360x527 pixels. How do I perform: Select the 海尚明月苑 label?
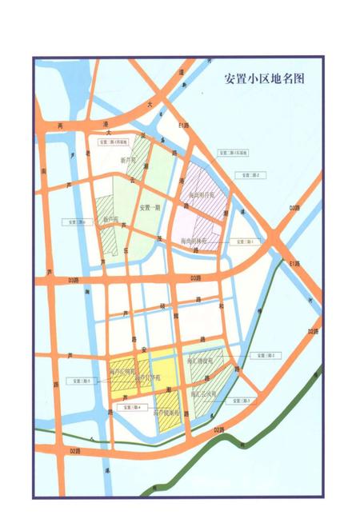click(x=204, y=194)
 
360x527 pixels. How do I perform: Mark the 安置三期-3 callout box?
click(x=242, y=400)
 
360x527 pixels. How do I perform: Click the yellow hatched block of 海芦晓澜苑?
click(x=168, y=416)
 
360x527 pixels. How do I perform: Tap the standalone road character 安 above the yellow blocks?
click(x=144, y=349)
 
